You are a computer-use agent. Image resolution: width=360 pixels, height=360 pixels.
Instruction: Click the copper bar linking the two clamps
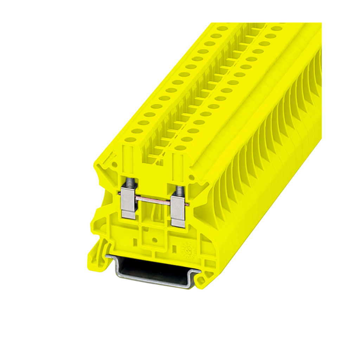[x=153, y=200]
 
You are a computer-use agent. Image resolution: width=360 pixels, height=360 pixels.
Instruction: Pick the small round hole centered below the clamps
[x=154, y=240]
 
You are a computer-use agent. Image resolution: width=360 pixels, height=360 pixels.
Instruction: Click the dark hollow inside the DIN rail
[x=151, y=269]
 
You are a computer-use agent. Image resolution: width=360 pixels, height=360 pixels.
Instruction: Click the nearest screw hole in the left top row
[x=131, y=139]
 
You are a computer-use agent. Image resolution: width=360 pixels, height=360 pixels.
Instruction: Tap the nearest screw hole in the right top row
[x=180, y=148]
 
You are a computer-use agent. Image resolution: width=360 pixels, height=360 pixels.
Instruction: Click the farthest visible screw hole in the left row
[x=222, y=28]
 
